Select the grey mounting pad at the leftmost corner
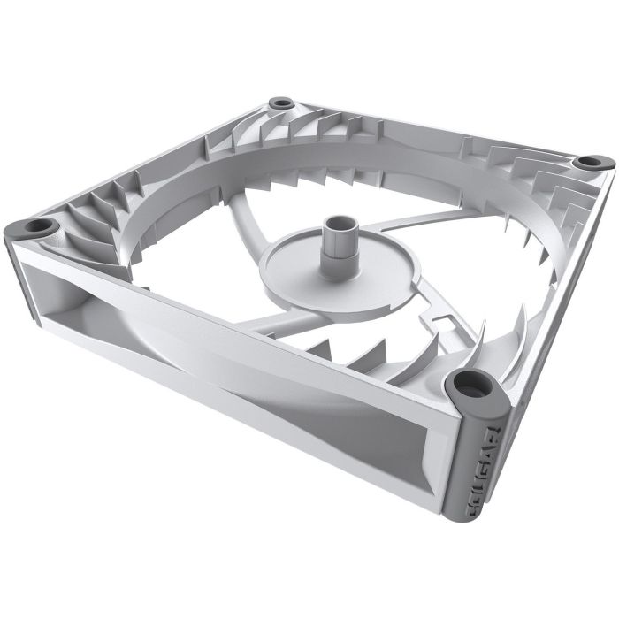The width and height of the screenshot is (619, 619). tap(36, 227)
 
